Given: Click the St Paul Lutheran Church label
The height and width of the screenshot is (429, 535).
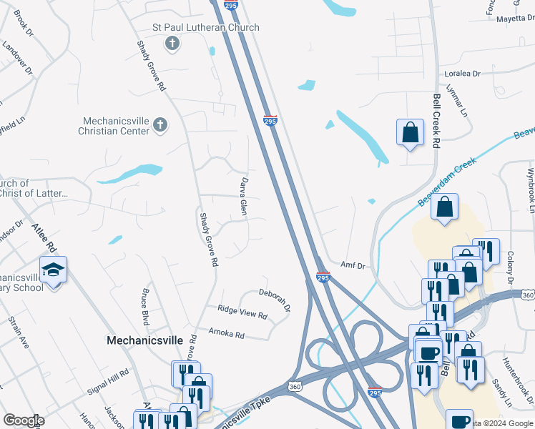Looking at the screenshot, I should (x=205, y=27).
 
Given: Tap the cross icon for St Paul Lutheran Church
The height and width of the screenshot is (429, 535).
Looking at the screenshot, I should (x=172, y=44).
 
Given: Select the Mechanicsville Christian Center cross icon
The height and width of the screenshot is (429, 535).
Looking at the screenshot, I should (x=160, y=126).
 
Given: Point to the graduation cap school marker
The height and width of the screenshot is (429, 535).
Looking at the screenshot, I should (x=53, y=271).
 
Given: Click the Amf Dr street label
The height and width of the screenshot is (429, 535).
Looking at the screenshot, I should (x=353, y=265).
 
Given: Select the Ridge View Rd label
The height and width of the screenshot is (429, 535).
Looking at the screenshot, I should (x=242, y=312).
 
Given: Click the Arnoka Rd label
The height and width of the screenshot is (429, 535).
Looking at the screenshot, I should (x=226, y=332).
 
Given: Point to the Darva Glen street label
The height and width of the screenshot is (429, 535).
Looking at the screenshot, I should (x=243, y=198).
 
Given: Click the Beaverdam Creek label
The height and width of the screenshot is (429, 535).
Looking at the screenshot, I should (x=447, y=183).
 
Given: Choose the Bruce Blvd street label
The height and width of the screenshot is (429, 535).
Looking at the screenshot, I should (x=144, y=306).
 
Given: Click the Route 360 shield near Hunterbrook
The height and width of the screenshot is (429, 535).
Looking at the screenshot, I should (x=528, y=295).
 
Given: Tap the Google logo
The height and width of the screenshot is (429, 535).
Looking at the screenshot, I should (x=24, y=420).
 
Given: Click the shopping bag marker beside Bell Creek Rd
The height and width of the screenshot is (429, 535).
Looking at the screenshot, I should (x=410, y=132).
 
